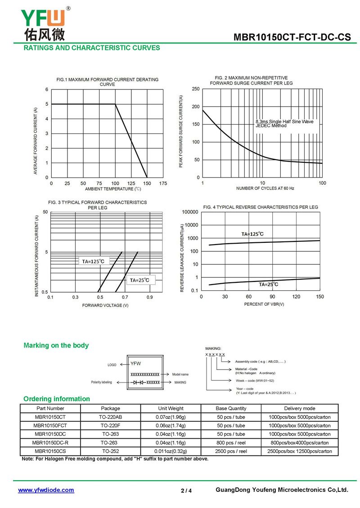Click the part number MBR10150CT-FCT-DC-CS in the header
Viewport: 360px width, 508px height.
(292, 37)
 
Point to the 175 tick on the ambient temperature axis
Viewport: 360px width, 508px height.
(163, 183)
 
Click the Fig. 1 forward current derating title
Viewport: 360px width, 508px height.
(108, 82)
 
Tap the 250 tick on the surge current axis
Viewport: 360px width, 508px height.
(196, 89)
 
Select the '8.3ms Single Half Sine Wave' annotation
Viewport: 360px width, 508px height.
(284, 121)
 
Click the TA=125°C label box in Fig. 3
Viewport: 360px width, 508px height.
(94, 261)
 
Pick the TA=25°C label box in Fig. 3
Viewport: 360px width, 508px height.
(140, 280)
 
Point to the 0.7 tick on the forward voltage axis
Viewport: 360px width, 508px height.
(125, 297)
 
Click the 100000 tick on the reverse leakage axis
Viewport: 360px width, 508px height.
(190, 212)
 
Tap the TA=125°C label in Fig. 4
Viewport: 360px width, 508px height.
(252, 234)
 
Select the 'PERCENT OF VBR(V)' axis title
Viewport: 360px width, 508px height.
(264, 304)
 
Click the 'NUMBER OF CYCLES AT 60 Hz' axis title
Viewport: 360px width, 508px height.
(265, 188)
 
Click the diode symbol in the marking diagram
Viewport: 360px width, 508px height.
(138, 383)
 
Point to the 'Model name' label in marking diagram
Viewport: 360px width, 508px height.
(180, 374)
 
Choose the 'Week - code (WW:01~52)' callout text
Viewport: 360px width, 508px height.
(255, 381)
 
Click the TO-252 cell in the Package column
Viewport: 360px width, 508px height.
(111, 451)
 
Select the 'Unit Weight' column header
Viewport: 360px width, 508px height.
(171, 408)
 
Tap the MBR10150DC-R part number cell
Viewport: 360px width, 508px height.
(50, 442)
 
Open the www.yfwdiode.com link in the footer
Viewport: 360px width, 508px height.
(46, 490)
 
